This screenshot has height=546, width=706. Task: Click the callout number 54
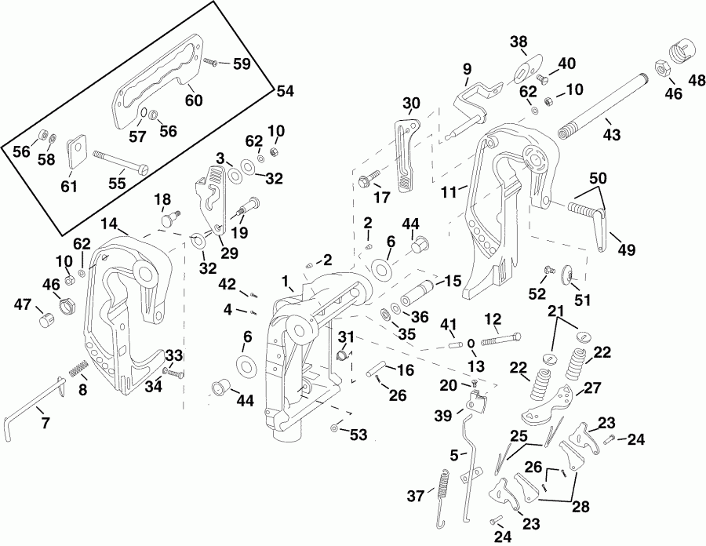coord(284,92)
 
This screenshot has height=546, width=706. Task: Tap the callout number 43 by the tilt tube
coord(611,135)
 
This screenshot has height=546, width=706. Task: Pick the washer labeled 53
coord(336,428)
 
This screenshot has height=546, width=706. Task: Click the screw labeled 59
coord(212,60)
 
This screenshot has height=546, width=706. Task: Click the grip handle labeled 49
coord(589,222)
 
